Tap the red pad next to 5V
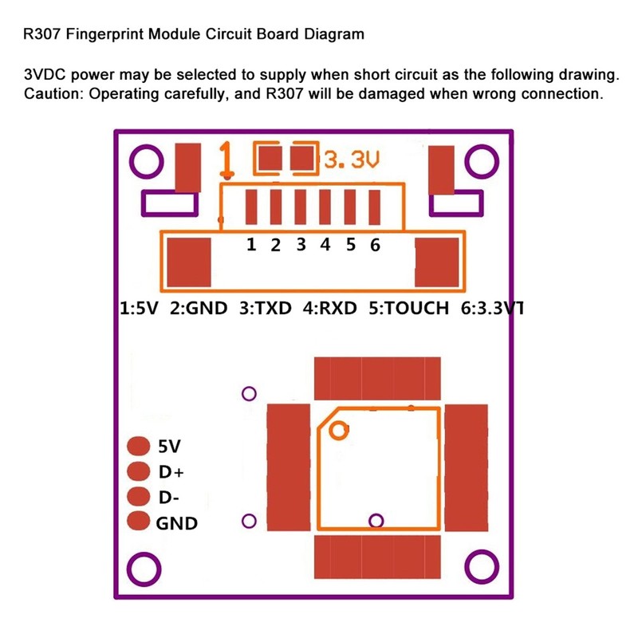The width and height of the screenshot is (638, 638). click(x=139, y=446)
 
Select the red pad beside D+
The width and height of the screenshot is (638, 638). click(x=139, y=471)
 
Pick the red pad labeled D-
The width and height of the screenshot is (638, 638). click(x=139, y=497)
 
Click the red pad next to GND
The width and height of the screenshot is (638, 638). click(x=139, y=522)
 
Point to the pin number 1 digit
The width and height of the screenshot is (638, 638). click(x=251, y=245)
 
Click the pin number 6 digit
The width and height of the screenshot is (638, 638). click(x=375, y=245)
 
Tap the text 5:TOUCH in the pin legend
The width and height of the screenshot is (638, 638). click(x=409, y=309)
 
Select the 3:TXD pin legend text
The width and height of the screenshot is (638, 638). click(x=266, y=309)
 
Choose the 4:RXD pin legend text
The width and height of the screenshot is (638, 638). click(x=329, y=309)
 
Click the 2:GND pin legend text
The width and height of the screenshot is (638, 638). click(x=199, y=309)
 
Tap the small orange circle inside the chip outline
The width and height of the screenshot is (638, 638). click(x=339, y=431)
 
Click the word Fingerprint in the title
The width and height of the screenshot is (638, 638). click(x=103, y=35)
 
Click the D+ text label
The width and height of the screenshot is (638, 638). click(x=171, y=472)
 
